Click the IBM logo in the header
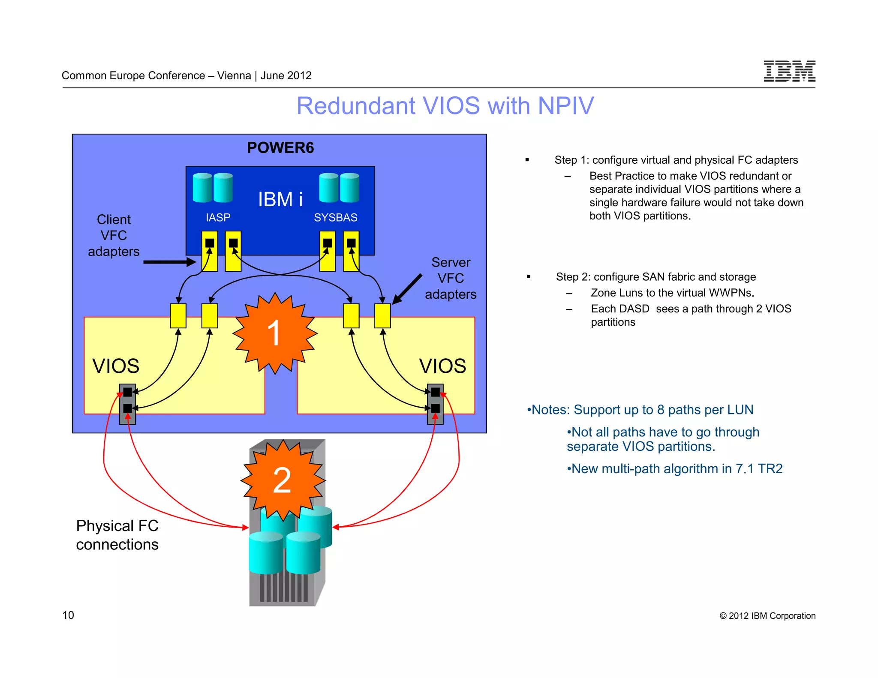click(x=789, y=71)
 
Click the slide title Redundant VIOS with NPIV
click(x=445, y=106)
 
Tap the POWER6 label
click(x=280, y=148)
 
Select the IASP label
click(x=218, y=218)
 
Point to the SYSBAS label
click(x=335, y=218)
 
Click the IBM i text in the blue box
click(x=280, y=200)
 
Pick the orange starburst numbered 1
click(x=274, y=333)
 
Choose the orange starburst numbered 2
click(x=283, y=480)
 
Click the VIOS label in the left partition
click(x=116, y=366)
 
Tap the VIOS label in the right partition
click(x=442, y=366)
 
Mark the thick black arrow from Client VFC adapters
click(x=169, y=262)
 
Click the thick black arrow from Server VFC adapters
click(x=407, y=289)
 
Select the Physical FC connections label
click(x=117, y=535)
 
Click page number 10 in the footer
click(x=68, y=615)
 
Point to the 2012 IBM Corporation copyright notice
click(x=767, y=616)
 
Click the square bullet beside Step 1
click(x=527, y=160)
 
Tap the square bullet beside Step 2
click(x=529, y=277)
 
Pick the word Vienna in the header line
click(x=234, y=76)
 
